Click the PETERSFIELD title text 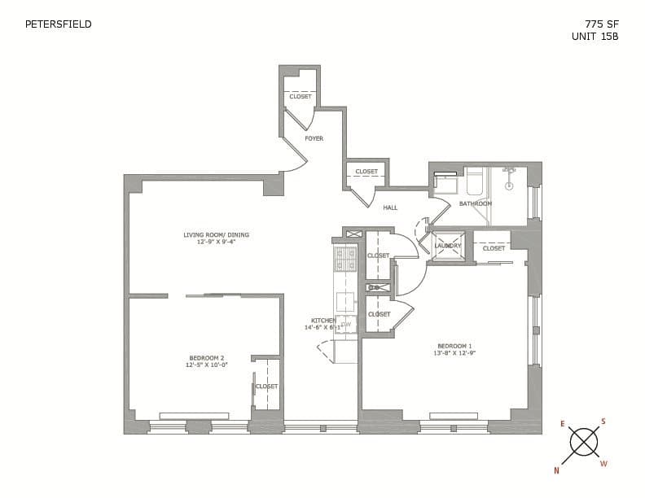point(59,24)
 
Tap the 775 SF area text point(602,24)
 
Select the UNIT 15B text point(595,37)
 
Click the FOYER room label point(314,138)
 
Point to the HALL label point(390,207)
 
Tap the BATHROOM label point(475,203)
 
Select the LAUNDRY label point(448,246)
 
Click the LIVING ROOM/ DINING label point(216,235)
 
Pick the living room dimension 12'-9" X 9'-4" point(216,242)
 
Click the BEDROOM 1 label point(454,346)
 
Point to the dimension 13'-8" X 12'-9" point(454,353)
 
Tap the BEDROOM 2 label point(206,358)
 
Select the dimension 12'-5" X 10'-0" point(206,365)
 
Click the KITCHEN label point(322,321)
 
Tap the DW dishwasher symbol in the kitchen point(346,325)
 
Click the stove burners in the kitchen point(345,259)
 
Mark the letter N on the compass point(557,470)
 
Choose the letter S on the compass point(603,422)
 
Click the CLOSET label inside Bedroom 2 point(267,387)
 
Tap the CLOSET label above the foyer point(301,97)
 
